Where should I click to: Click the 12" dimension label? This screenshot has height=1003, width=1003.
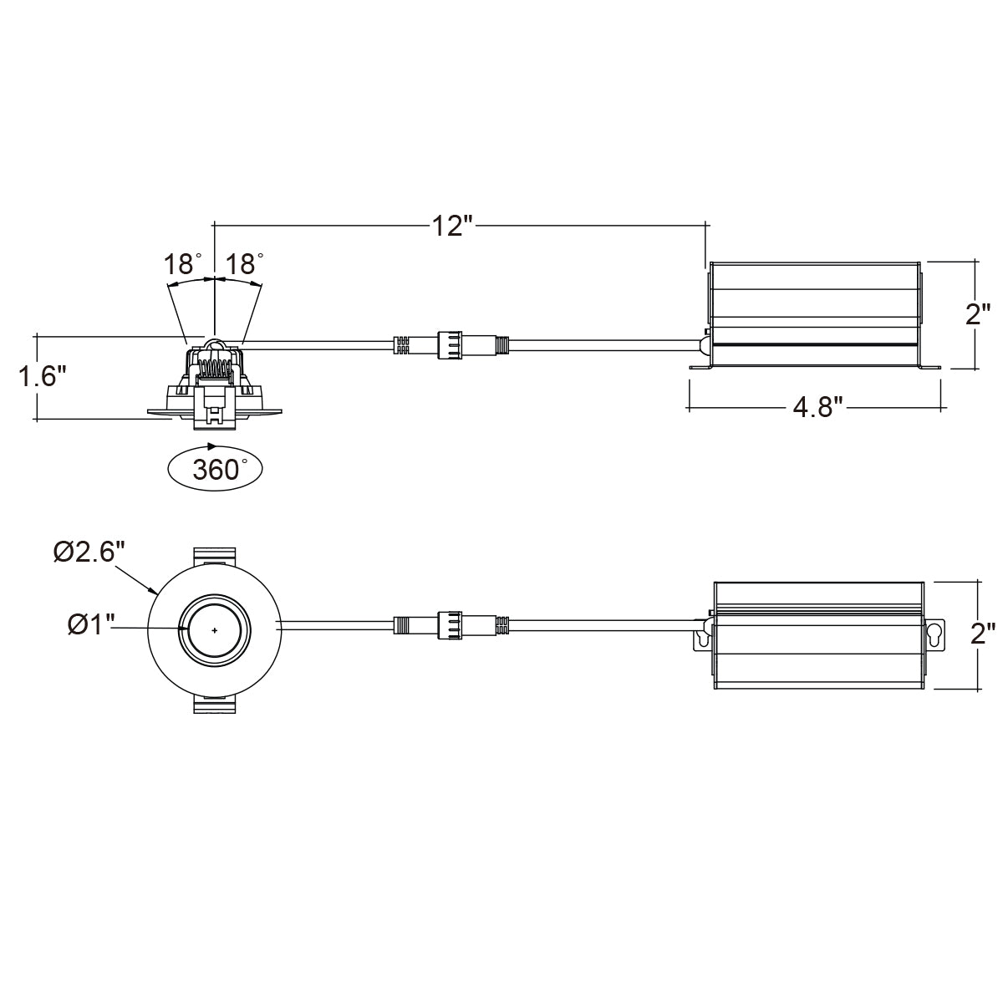[x=452, y=226]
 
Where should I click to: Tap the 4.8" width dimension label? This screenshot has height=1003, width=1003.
[x=817, y=407]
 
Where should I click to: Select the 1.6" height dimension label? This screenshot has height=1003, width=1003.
[x=43, y=376]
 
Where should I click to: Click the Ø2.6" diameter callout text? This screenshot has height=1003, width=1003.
[x=89, y=551]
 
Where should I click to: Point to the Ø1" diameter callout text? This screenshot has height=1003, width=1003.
[x=90, y=624]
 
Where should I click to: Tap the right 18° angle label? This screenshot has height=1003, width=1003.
[x=244, y=264]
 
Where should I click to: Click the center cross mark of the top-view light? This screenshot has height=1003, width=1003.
[x=215, y=630]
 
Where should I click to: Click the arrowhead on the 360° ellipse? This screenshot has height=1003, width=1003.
[x=211, y=446]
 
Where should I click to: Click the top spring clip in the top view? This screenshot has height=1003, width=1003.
[x=215, y=557]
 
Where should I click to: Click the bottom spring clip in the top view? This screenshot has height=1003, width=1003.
[x=215, y=705]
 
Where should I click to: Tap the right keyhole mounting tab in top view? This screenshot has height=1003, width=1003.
[x=934, y=635]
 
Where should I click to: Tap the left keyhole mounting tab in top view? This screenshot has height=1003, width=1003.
[x=702, y=635]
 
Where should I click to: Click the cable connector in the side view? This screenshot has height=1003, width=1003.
[x=451, y=344]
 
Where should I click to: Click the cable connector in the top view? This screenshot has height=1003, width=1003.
[x=451, y=624]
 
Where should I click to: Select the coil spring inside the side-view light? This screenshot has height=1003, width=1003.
[x=215, y=369]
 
